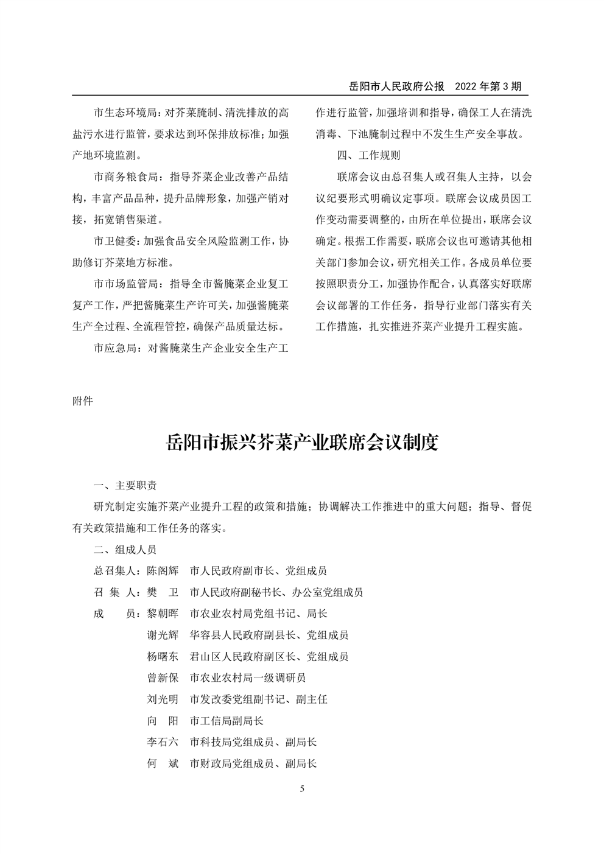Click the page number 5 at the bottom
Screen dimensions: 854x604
[302, 789]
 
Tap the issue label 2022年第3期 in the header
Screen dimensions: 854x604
[488, 86]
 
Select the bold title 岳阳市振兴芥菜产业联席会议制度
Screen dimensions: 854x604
[302, 443]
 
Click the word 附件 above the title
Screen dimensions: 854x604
[83, 401]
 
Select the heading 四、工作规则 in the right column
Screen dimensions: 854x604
[369, 155]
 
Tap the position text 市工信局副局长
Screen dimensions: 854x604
[226, 721]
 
